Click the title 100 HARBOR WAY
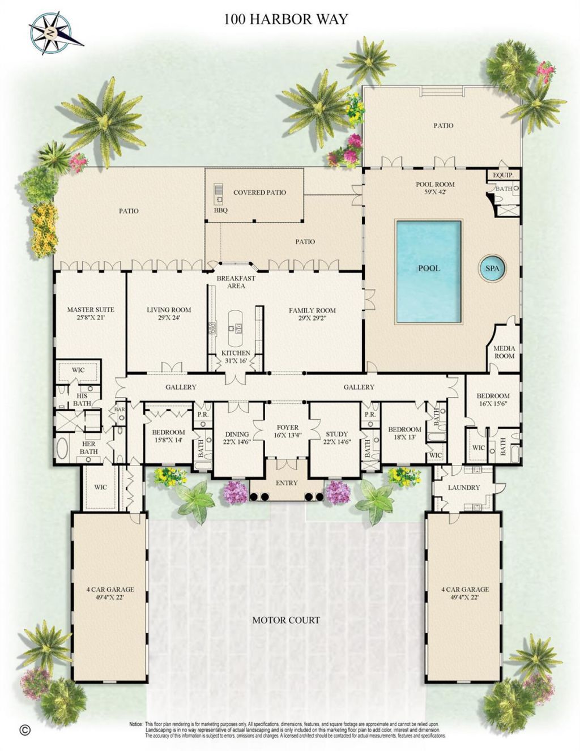click(285, 19)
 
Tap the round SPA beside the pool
click(492, 268)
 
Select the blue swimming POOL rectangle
click(429, 271)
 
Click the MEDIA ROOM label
click(504, 352)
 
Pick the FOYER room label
click(287, 428)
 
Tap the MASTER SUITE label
click(90, 310)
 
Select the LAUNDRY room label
click(464, 487)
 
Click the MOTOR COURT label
click(286, 620)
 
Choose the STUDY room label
click(336, 434)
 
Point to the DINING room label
click(237, 434)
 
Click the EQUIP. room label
click(502, 176)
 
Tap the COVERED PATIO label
click(259, 193)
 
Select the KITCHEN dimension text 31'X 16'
click(236, 361)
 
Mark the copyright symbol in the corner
click(24, 730)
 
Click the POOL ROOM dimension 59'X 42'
click(435, 192)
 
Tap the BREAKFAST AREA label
click(236, 282)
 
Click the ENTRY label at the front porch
click(287, 483)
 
